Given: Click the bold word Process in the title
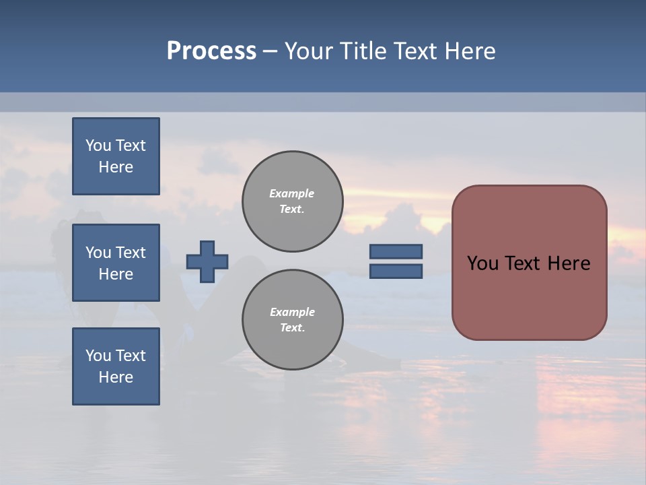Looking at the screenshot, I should (211, 51).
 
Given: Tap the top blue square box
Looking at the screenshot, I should (116, 156).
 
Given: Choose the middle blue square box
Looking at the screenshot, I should (116, 263).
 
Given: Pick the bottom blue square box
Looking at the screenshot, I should (116, 366).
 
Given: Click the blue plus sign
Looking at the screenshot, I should (207, 261).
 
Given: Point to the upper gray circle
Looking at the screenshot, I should (292, 201).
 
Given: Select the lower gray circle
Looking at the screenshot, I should (292, 320).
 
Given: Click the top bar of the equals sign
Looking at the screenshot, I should (396, 251).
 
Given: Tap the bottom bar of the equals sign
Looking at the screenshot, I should (396, 271).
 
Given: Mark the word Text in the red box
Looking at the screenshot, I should (529, 263).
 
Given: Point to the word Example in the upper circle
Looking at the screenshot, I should (292, 193).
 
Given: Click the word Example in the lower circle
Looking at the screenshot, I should (292, 312).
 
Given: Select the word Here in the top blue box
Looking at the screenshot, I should (116, 167).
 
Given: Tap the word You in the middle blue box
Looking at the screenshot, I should (97, 253).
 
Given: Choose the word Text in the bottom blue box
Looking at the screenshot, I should (131, 356).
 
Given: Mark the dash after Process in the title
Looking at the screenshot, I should (271, 52).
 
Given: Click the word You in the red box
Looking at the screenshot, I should (482, 263).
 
